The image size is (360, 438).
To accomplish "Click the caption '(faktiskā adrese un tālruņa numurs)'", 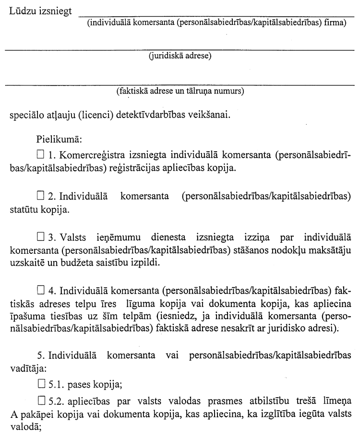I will pos(180,91).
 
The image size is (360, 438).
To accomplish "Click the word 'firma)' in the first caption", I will pos(335,22).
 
